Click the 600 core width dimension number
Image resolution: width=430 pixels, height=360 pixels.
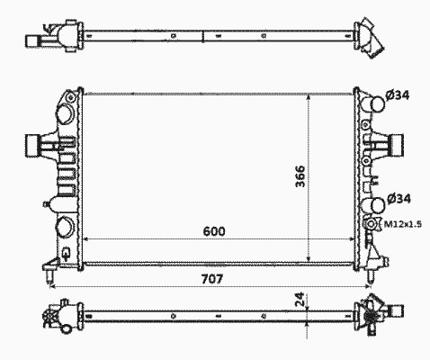click(214, 231)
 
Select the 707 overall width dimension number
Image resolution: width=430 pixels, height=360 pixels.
click(212, 279)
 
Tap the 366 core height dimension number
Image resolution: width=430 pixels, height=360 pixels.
click(300, 176)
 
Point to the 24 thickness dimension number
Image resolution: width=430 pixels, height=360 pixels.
click(300, 299)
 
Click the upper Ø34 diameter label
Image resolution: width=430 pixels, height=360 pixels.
click(398, 95)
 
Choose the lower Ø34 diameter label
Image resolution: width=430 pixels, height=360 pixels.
click(399, 199)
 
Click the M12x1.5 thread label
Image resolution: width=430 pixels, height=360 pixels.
click(403, 224)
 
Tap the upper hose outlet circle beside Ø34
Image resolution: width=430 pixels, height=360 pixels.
click(377, 103)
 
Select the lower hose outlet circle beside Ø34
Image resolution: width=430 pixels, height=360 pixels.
click(377, 205)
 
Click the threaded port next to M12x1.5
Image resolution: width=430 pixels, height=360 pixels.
click(372, 224)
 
